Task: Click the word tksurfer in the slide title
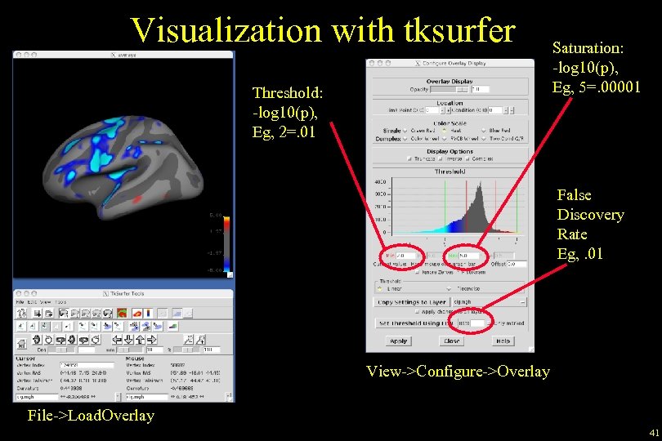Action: pos(458,30)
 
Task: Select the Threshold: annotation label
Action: pos(284,92)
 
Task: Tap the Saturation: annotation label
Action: pos(589,49)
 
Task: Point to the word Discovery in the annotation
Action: pos(590,215)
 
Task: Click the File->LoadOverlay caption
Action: pos(90,416)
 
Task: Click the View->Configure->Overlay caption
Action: pos(458,372)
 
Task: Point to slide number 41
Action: pos(654,432)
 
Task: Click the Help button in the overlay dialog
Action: pos(503,341)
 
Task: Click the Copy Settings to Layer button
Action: pos(411,301)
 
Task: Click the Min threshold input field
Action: pos(404,255)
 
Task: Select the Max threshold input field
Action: pos(469,255)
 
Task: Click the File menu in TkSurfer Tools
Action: pos(20,301)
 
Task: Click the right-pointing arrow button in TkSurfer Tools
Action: pos(132,340)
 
